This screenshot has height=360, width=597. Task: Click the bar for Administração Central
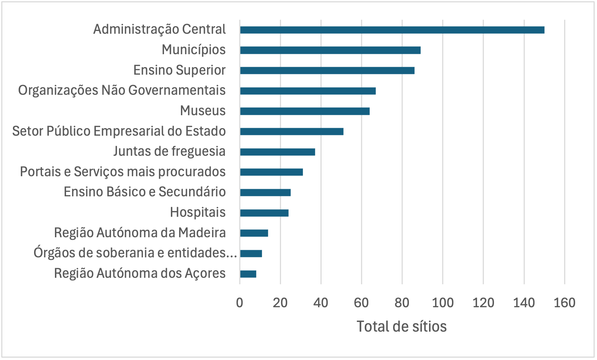click(392, 30)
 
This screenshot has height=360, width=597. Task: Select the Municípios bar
click(330, 50)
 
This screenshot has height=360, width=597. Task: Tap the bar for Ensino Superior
click(327, 70)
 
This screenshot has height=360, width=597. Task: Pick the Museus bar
click(305, 111)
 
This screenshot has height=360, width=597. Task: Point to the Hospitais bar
click(264, 213)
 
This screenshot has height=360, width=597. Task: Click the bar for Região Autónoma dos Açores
click(248, 274)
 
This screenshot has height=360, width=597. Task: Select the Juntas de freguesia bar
click(277, 152)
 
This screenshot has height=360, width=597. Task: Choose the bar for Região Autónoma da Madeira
click(254, 233)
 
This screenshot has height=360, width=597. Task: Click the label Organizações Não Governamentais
click(122, 90)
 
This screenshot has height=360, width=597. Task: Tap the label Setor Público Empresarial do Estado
click(119, 131)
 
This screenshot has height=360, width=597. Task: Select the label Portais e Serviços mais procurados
click(122, 172)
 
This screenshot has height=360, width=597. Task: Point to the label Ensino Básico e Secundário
click(144, 192)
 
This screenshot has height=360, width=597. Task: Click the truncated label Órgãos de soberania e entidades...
click(135, 253)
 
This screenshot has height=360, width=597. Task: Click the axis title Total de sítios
click(401, 327)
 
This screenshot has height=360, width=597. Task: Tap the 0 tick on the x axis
click(239, 303)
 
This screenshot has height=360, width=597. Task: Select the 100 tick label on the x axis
click(443, 303)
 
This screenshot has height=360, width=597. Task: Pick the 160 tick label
click(564, 303)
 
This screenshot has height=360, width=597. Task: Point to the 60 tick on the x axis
click(361, 303)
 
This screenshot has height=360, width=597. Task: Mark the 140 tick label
click(524, 303)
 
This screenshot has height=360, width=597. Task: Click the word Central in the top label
click(204, 29)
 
